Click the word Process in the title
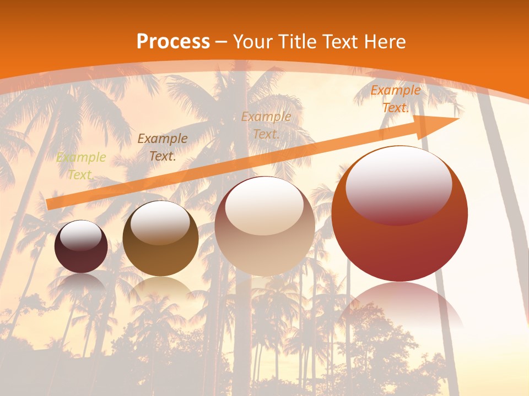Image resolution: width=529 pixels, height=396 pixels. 173,42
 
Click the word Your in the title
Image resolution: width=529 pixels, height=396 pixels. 253,42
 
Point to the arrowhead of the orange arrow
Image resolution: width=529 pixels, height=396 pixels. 441,124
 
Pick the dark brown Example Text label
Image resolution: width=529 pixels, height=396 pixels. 163,147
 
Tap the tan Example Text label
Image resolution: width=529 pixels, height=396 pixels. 266,125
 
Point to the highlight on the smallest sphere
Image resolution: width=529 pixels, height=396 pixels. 81,235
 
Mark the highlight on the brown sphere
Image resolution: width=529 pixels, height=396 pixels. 160,221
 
